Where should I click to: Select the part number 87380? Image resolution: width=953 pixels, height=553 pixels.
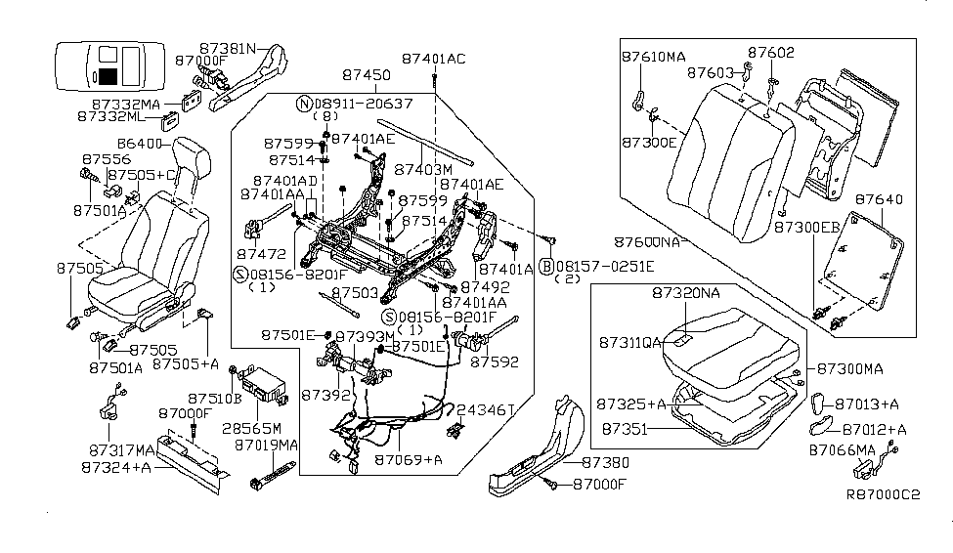pyautogui.click(x=604, y=461)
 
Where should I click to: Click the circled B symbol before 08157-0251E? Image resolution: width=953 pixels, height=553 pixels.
pyautogui.click(x=547, y=266)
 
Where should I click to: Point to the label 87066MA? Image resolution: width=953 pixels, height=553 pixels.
pyautogui.click(x=843, y=449)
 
